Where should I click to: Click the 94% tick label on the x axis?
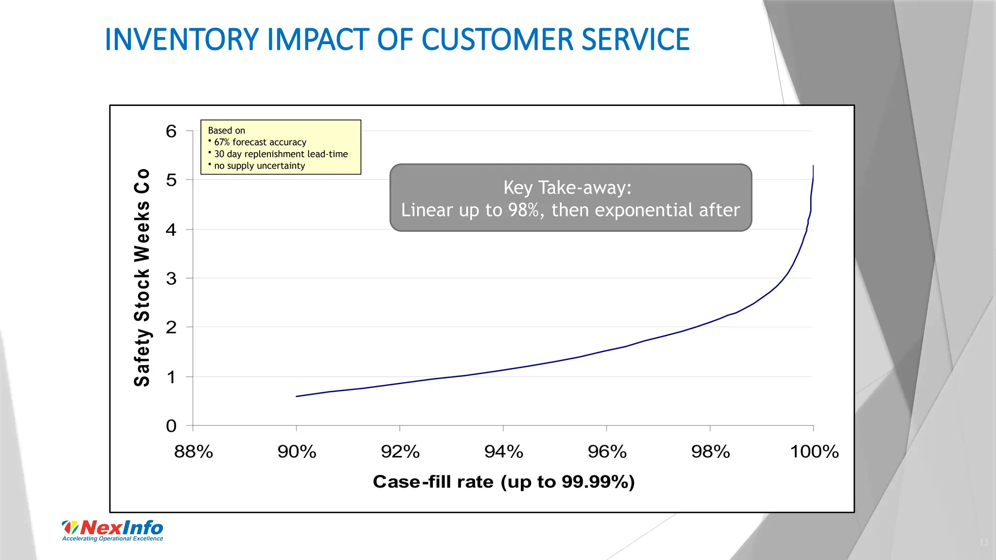pyautogui.click(x=503, y=452)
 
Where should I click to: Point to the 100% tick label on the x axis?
pyautogui.click(x=814, y=452)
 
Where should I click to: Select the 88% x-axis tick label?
pyautogui.click(x=194, y=452)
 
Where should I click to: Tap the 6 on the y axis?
pyautogui.click(x=171, y=131)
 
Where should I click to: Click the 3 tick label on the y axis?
pyautogui.click(x=171, y=279)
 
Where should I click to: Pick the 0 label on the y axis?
pyautogui.click(x=171, y=426)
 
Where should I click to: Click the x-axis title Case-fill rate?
pyautogui.click(x=503, y=482)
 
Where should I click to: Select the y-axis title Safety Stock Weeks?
pyautogui.click(x=142, y=278)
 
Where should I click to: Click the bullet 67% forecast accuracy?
pyautogui.click(x=260, y=142)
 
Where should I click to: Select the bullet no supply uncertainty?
pyautogui.click(x=259, y=166)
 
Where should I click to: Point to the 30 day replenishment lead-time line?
pyautogui.click(x=281, y=154)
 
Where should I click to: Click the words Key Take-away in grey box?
pyautogui.click(x=567, y=188)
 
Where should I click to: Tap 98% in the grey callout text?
pyautogui.click(x=523, y=210)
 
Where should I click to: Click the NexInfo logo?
pyautogui.click(x=113, y=527)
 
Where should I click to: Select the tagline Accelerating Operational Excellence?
pyautogui.click(x=113, y=539)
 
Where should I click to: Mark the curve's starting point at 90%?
pyautogui.click(x=297, y=396)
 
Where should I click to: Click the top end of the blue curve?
pyautogui.click(x=813, y=166)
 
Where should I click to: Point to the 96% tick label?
pyautogui.click(x=607, y=452)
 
